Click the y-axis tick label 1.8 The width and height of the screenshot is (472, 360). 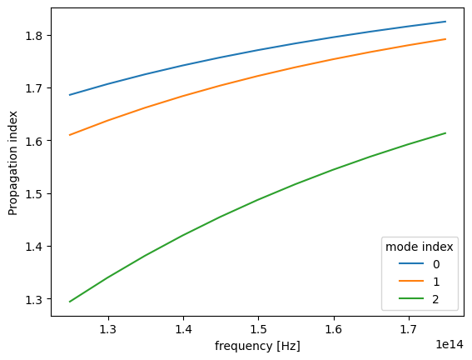tap(35, 36)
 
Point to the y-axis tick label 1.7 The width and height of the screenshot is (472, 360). tap(35, 88)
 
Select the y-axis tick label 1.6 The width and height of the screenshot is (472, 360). tap(35, 141)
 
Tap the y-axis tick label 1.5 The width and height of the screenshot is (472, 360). tap(35, 194)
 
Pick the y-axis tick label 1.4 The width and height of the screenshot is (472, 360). tap(35, 247)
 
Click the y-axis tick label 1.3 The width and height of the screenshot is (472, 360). tap(35, 299)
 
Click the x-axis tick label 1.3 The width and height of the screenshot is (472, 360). tap(108, 329)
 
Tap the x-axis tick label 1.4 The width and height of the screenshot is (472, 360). tap(183, 329)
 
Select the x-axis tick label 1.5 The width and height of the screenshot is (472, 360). tap(258, 329)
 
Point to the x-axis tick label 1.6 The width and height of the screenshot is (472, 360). tap(333, 329)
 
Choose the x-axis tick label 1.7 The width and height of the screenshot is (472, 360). tap(408, 329)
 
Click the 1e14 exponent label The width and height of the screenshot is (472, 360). tap(450, 342)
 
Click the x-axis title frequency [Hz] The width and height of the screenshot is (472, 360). tap(257, 345)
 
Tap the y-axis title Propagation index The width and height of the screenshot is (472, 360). tap(14, 161)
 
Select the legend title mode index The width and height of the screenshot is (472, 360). tap(418, 247)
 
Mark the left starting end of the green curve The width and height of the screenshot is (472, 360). tap(70, 301)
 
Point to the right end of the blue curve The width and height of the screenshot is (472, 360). tap(445, 22)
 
